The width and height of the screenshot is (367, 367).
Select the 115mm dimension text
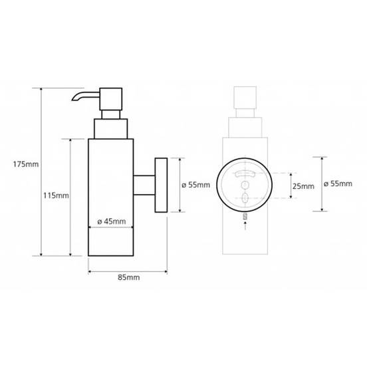55,195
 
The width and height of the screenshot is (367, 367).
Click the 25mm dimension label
303,186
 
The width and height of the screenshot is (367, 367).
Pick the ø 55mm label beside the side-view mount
195,185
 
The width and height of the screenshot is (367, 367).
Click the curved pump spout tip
74,100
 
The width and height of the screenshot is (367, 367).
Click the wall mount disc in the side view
160,185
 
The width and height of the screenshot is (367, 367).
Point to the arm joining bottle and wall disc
143,185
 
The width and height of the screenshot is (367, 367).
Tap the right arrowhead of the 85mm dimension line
164,272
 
